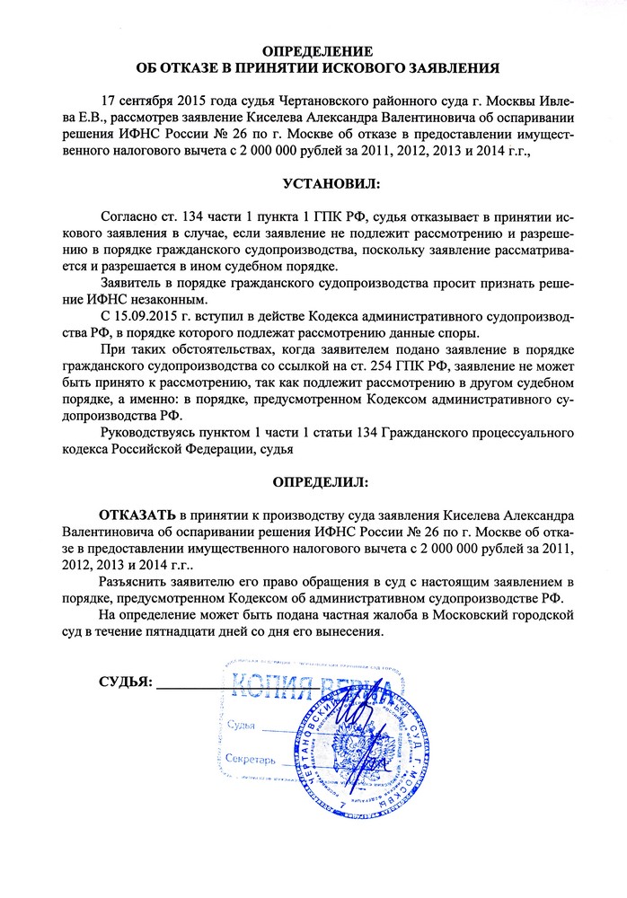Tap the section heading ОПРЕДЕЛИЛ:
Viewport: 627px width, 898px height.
[x=320, y=481]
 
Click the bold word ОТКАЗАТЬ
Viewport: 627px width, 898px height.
[x=137, y=515]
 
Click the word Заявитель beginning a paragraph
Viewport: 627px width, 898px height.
[x=134, y=282]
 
